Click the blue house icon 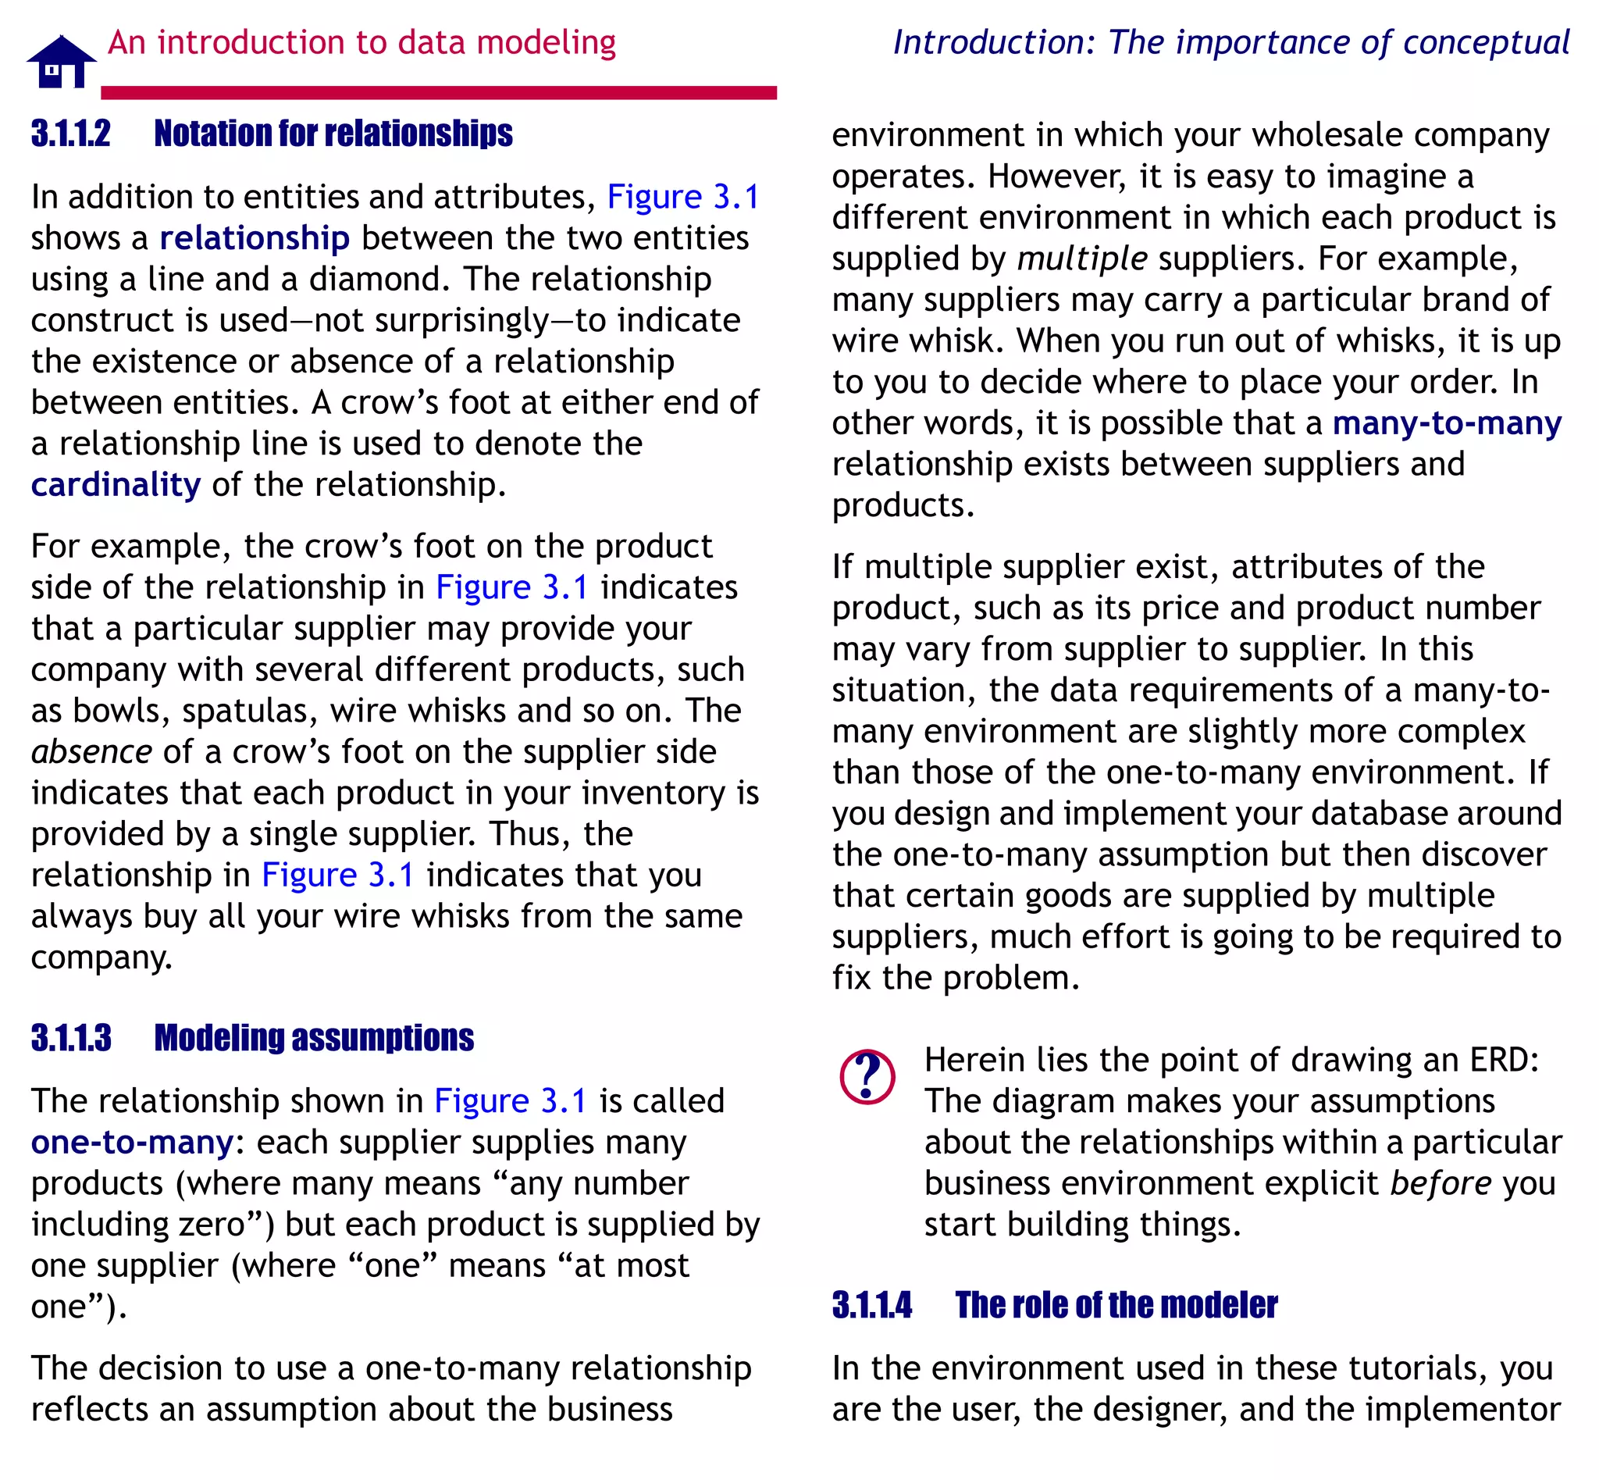click(61, 62)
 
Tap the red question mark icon click(867, 1077)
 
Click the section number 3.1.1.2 click(70, 134)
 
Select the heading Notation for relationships click(333, 134)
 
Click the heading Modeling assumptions click(314, 1038)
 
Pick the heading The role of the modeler click(1116, 1304)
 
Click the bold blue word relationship click(255, 238)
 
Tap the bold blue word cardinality click(116, 484)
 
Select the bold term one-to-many click(132, 1142)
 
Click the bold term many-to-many click(1446, 423)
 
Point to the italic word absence click(91, 752)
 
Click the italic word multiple click(1082, 259)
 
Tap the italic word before click(1441, 1183)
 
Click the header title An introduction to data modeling click(362, 42)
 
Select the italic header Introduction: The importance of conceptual click(1230, 42)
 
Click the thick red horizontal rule click(439, 93)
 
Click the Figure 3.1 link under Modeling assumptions click(511, 1101)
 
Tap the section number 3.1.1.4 click(871, 1304)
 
